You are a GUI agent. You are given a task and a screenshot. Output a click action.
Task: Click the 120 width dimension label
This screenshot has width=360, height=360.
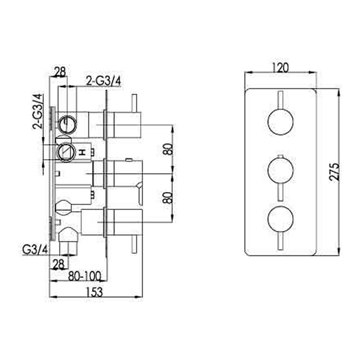point(280,68)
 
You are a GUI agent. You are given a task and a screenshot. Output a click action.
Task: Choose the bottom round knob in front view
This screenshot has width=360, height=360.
point(280,219)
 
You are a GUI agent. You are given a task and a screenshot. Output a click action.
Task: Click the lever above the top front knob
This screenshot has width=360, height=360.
point(280,100)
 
